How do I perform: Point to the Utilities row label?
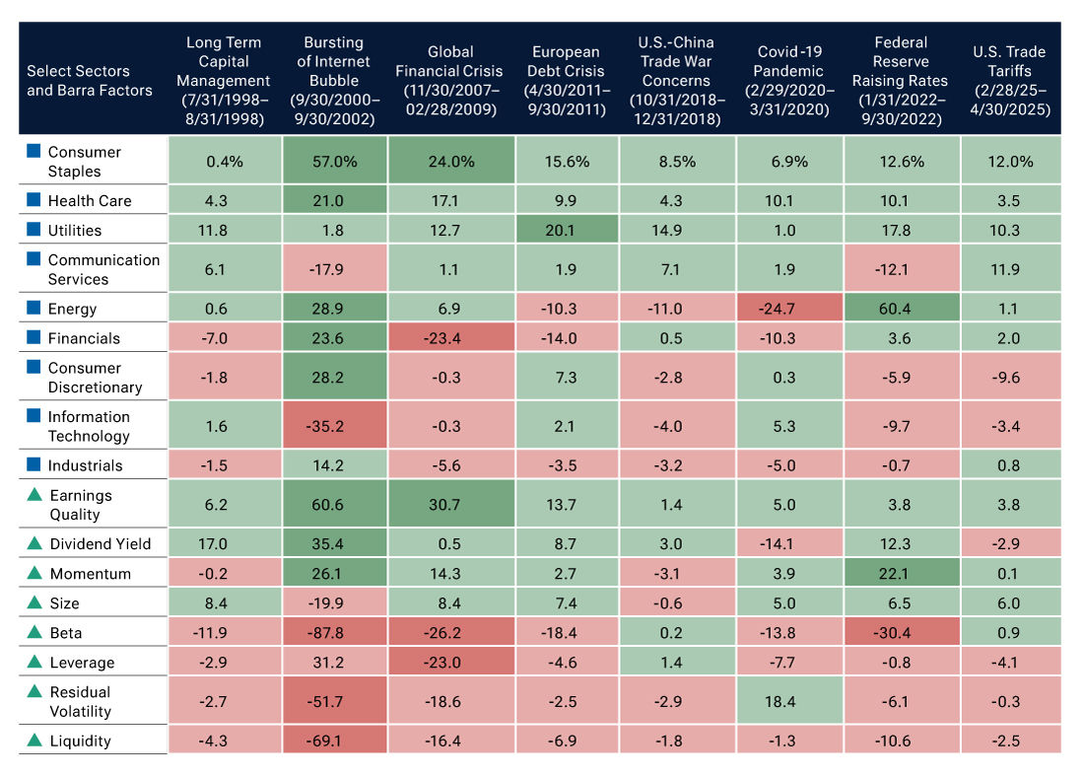74,230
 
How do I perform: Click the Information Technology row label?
89,426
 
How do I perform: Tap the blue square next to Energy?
34,309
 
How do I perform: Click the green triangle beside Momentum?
34,573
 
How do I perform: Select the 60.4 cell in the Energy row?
901,309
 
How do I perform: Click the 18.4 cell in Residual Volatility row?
789,701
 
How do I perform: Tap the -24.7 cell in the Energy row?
789,309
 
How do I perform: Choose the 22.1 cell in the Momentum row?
901,573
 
